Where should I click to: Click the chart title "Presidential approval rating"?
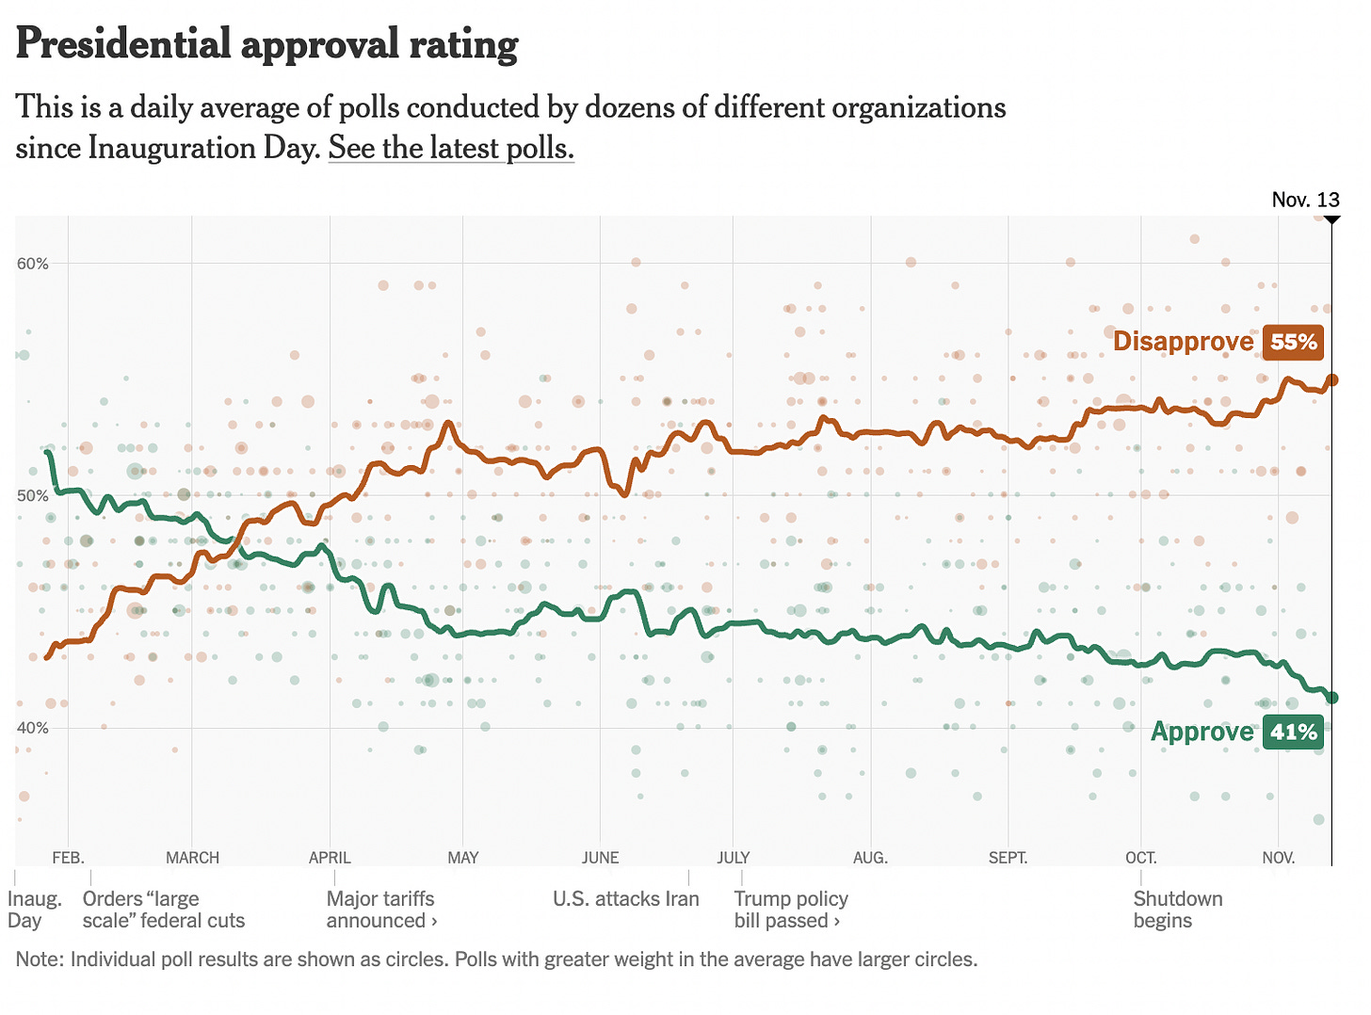point(266,44)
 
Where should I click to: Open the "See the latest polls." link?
point(451,149)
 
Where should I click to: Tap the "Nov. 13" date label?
point(1305,200)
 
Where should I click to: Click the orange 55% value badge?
point(1294,342)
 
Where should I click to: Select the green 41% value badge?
point(1294,732)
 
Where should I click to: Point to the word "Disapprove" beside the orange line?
point(1183,342)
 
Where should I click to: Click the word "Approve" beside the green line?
point(1202,732)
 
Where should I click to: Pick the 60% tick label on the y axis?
point(32,264)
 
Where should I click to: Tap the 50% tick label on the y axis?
point(32,496)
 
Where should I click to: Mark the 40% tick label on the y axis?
point(32,728)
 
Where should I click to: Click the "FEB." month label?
point(68,858)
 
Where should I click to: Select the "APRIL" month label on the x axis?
point(330,858)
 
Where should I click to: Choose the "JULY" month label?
point(734,858)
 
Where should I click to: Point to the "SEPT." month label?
point(1008,858)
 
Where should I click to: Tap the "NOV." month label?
point(1278,858)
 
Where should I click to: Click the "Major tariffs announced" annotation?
point(381,910)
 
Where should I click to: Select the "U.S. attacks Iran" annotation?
point(626,899)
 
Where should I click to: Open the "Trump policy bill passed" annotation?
point(791,910)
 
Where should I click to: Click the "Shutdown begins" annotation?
point(1178,910)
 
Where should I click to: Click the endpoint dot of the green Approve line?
point(1331,698)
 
